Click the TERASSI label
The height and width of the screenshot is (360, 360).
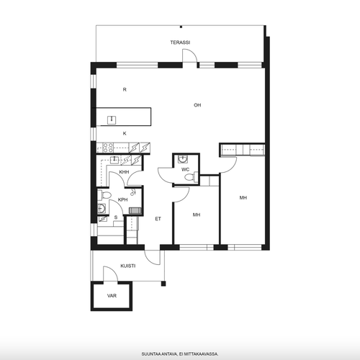(180, 42)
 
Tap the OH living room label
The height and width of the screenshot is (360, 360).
(197, 105)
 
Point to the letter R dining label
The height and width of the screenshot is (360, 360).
(125, 90)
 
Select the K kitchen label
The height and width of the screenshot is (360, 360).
(125, 134)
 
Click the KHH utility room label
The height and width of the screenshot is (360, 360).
(124, 172)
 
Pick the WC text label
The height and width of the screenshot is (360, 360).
(185, 170)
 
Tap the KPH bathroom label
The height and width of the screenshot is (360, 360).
(123, 199)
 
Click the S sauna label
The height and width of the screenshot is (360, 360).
(116, 217)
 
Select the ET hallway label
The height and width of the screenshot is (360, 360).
(158, 219)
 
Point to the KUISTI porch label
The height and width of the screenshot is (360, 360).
(128, 266)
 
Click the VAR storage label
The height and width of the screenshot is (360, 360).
(112, 296)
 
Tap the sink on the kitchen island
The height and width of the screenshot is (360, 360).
(112, 120)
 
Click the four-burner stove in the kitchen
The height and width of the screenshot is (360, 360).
(108, 148)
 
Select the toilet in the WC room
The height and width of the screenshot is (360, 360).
(192, 177)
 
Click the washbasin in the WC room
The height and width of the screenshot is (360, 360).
(183, 158)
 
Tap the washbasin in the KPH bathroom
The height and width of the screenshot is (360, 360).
(102, 209)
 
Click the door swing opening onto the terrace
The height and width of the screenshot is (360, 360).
(190, 55)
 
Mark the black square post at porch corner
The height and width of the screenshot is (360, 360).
(163, 284)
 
